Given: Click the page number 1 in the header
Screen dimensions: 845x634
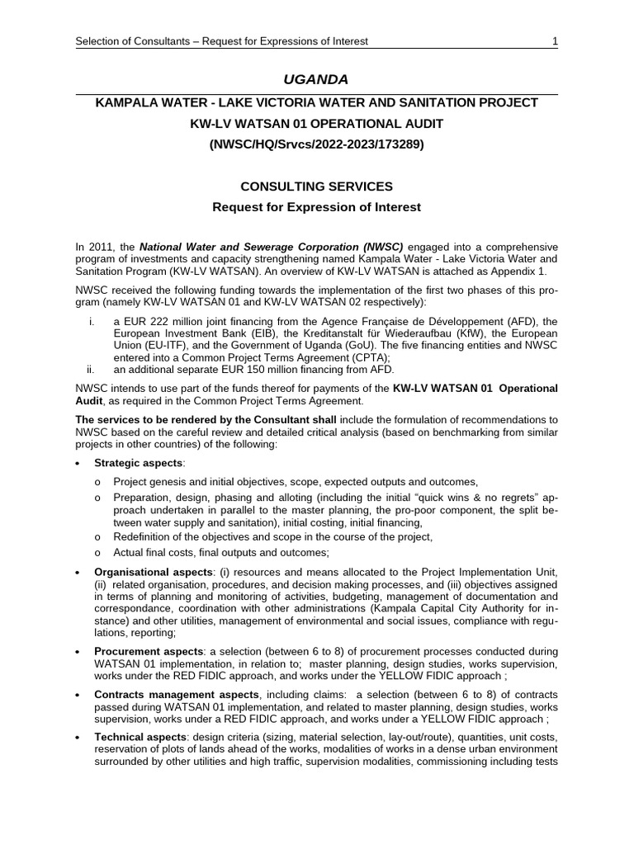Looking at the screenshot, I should point(555,41).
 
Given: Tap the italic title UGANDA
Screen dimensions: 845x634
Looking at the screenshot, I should point(316,79).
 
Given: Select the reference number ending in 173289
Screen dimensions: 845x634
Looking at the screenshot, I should point(316,144).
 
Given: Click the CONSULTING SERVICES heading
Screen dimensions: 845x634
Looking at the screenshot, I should point(316,187).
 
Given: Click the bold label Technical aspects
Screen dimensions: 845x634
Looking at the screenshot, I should point(140,737).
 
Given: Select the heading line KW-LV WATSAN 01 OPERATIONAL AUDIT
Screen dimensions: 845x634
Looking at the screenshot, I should point(316,123).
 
